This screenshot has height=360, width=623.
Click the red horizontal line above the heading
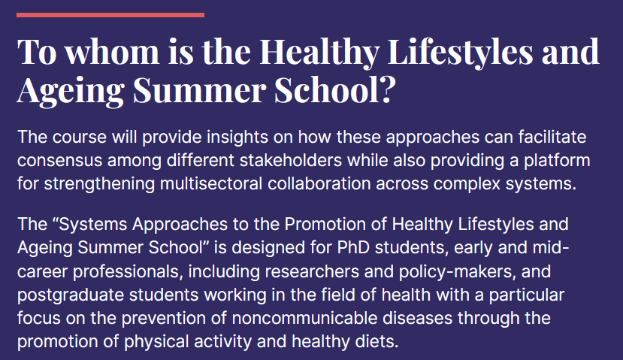[x=110, y=15]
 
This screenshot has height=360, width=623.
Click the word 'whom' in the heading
[x=112, y=52]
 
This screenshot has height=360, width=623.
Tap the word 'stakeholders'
[x=290, y=160]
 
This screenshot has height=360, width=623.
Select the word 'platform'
[x=557, y=161]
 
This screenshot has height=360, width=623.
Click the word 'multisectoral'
[x=211, y=183]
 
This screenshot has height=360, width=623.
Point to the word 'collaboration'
[x=319, y=183]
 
